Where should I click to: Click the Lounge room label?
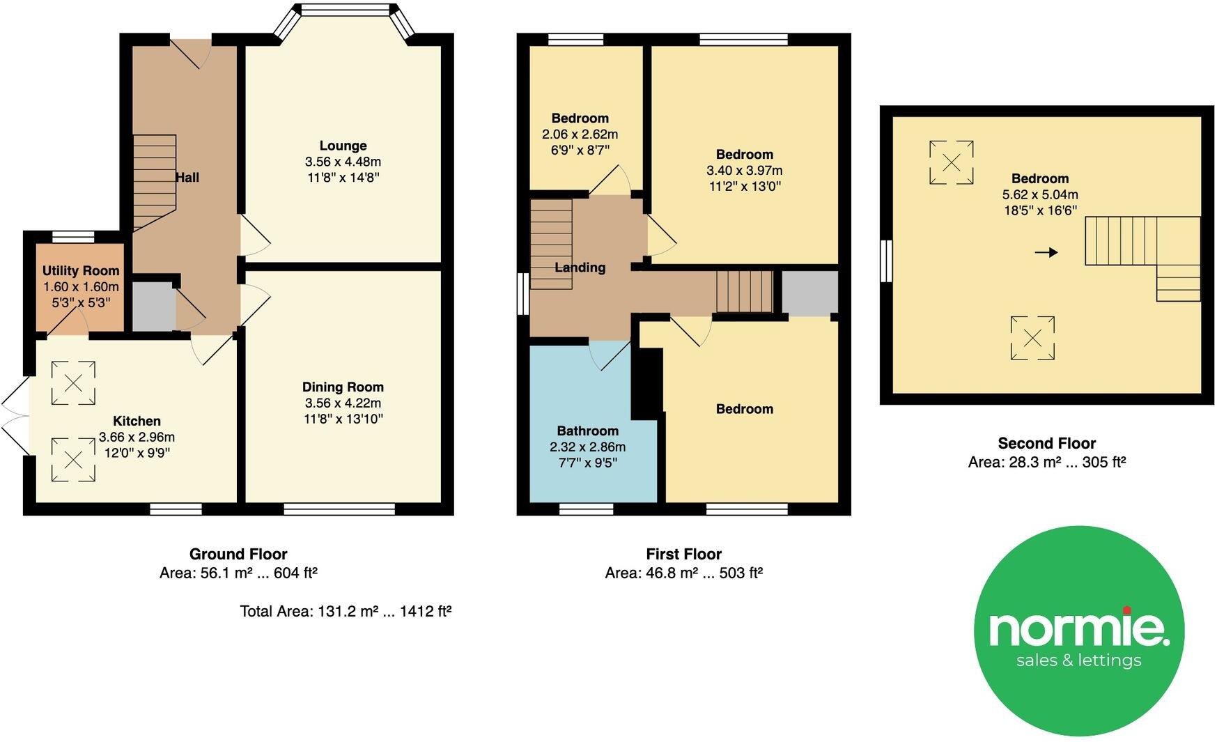[x=343, y=146]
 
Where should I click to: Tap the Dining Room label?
[x=343, y=387]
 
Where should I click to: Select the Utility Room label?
[x=81, y=270]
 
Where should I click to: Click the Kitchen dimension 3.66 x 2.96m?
[x=137, y=438]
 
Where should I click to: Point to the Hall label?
[x=187, y=178]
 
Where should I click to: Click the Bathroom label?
[x=587, y=431]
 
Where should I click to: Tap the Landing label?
[x=580, y=268]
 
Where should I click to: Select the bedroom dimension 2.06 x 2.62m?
[x=580, y=134]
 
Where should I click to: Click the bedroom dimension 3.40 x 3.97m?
[x=744, y=171]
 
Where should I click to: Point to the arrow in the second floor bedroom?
[x=1046, y=252]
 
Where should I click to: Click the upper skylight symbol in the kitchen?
[x=73, y=382]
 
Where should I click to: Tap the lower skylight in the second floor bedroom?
[x=1032, y=338]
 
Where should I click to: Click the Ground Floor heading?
[x=238, y=554]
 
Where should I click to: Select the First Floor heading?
[x=683, y=554]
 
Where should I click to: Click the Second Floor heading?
[x=1046, y=443]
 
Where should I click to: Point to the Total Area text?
[x=346, y=611]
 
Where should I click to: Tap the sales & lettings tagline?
[x=1078, y=660]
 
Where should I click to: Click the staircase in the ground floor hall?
[x=154, y=181]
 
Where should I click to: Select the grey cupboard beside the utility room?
[x=153, y=307]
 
